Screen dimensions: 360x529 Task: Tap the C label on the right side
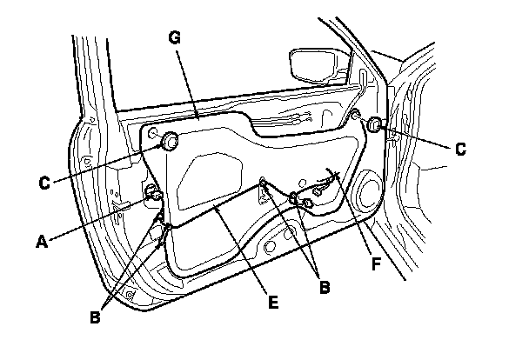(459, 149)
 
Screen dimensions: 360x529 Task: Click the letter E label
(272, 302)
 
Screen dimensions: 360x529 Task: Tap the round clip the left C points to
(170, 140)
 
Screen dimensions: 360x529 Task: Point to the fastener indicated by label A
(155, 193)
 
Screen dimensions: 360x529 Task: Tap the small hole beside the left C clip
(152, 133)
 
